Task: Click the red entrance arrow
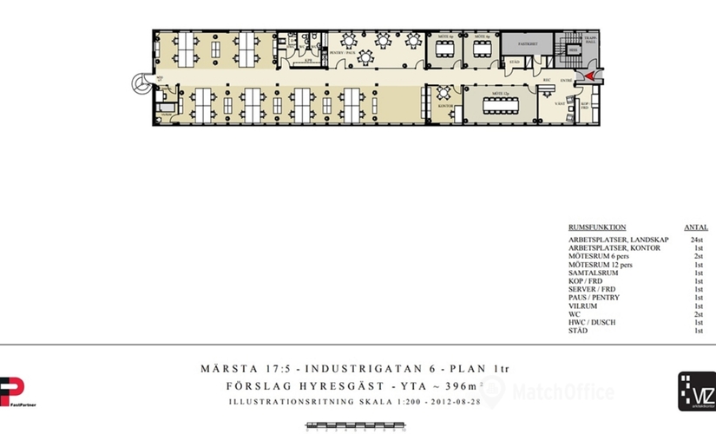589,76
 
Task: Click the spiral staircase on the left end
140,84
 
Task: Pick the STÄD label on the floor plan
514,62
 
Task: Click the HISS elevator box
574,50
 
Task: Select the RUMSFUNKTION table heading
597,227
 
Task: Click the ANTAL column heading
696,227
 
